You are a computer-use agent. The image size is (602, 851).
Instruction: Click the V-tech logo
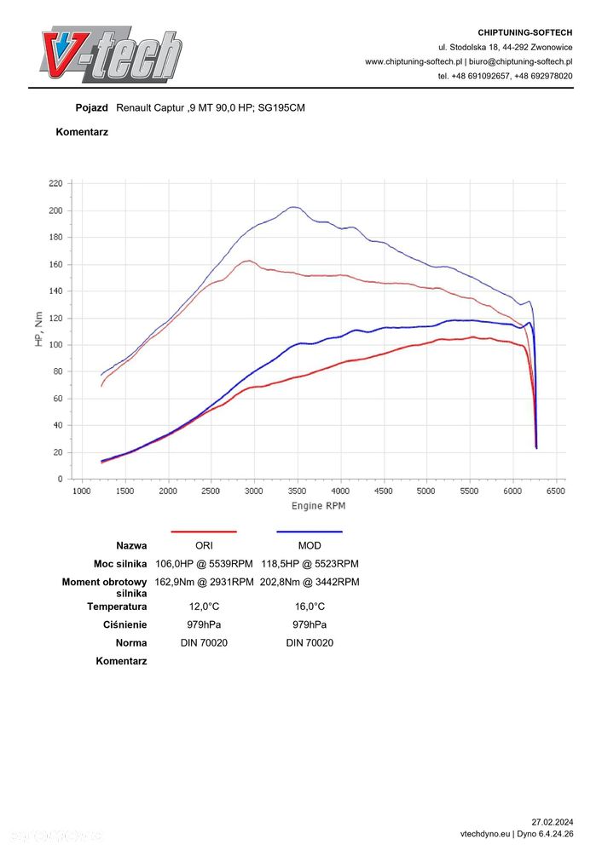tap(110, 55)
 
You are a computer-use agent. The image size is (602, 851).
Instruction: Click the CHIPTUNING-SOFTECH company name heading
tap(525, 32)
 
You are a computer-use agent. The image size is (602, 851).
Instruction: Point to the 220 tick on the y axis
tap(56, 183)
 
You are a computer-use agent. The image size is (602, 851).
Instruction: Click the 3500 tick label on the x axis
tap(297, 491)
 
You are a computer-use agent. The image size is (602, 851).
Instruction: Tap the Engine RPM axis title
tap(318, 506)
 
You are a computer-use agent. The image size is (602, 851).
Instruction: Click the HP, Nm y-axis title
tap(38, 330)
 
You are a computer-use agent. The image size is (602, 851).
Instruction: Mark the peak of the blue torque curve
tap(294, 207)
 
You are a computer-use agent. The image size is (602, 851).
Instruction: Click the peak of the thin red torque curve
tap(248, 261)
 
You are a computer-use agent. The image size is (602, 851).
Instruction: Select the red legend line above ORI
tap(204, 532)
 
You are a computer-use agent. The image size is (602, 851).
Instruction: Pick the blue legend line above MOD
tap(310, 532)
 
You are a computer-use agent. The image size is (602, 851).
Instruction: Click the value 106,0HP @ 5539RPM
tap(204, 563)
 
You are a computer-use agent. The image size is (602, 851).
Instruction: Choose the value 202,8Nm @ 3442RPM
tap(310, 582)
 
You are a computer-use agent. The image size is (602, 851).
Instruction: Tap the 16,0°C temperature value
tap(310, 607)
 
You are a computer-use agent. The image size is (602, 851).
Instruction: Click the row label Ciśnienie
tap(125, 624)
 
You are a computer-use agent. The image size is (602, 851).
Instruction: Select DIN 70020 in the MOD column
tap(310, 642)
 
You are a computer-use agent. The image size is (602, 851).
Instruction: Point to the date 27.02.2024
tap(552, 822)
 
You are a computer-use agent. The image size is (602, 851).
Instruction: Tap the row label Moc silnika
tap(120, 563)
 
